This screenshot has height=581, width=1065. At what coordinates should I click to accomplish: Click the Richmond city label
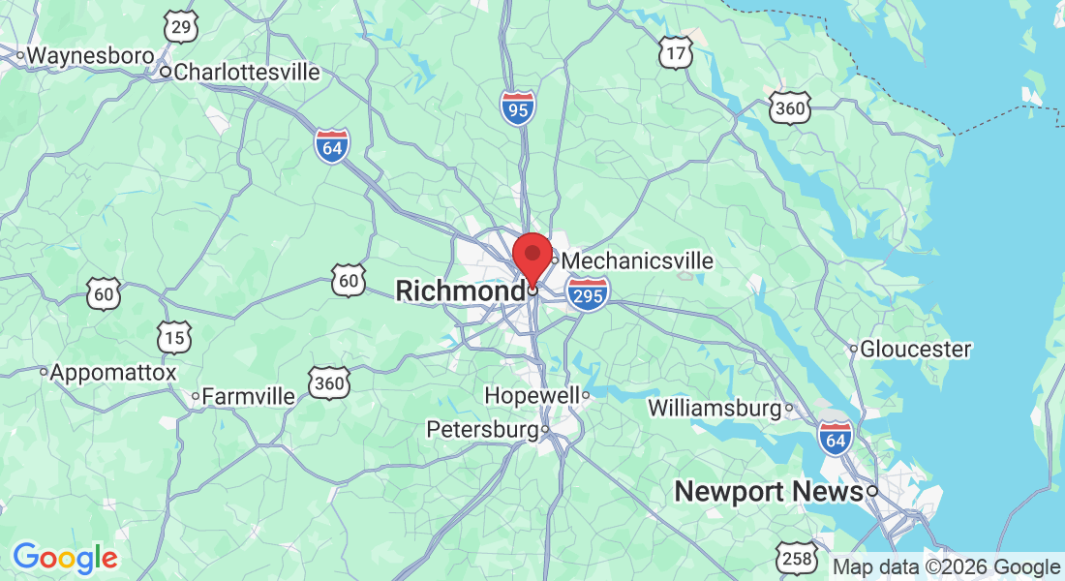coord(459,290)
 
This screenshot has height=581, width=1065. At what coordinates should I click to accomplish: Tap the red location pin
coord(532,256)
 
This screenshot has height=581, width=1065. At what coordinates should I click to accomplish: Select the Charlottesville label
coord(246,72)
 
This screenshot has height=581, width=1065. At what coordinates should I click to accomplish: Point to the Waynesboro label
coord(89,55)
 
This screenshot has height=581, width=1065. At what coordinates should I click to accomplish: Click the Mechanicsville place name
coord(637,261)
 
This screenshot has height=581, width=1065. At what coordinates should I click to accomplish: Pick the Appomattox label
coord(113,373)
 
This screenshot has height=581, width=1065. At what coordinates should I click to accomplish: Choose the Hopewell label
coord(532,396)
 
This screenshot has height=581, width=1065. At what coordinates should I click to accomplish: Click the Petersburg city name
coord(482,429)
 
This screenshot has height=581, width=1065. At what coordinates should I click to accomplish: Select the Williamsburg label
coord(714,408)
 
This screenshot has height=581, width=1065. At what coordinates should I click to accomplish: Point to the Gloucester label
coord(915,349)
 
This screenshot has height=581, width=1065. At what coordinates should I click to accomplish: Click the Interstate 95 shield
coord(518,107)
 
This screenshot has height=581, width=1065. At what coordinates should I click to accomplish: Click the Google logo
coord(65,558)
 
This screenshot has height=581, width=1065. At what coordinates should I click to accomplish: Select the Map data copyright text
coord(947,567)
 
